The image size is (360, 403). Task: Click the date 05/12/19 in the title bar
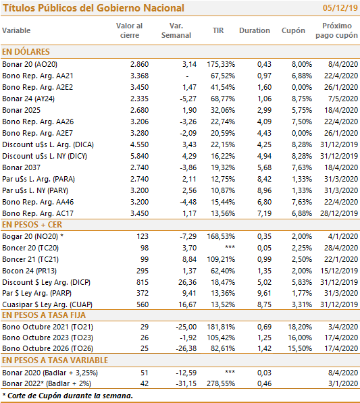click(340, 7)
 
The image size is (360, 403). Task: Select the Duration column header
click(255, 30)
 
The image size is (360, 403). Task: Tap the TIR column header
click(218, 30)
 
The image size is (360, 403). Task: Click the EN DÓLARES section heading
click(26, 52)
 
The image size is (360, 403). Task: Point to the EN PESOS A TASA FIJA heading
click(44, 315)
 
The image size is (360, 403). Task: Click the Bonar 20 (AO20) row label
click(30, 64)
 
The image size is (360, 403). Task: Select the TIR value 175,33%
click(221, 64)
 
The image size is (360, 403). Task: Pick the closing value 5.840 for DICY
click(139, 156)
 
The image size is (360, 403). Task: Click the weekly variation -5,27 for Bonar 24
click(188, 99)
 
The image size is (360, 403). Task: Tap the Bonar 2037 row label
click(22, 167)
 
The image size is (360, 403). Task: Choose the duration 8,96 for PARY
click(264, 190)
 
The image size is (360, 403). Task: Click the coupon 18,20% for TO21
click(300, 327)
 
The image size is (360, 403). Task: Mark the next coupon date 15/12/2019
click(339, 271)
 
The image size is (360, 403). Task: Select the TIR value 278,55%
click(221, 383)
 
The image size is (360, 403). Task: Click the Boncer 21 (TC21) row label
click(30, 259)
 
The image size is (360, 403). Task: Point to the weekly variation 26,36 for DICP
click(188, 282)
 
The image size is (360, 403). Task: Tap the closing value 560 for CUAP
click(143, 304)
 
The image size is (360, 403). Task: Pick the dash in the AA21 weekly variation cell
click(187, 76)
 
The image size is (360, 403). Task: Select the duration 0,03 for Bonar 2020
click(264, 373)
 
